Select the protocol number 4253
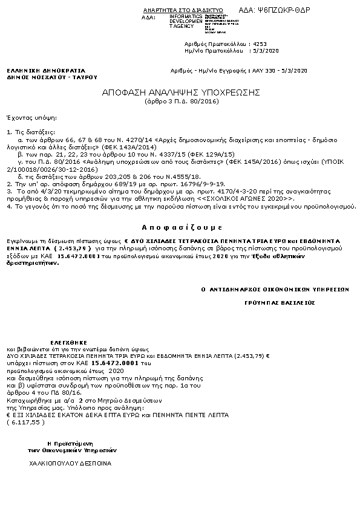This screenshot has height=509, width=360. tap(260, 44)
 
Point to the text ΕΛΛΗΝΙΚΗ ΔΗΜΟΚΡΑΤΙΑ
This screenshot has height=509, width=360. tap(38, 71)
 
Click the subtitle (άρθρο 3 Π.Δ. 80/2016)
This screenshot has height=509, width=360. tap(180, 101)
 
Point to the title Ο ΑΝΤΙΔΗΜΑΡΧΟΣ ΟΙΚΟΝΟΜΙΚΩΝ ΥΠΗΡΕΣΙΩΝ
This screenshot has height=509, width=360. tap(275, 290)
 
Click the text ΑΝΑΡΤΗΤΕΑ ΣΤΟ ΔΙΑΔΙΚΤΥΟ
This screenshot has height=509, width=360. tap(183, 11)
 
